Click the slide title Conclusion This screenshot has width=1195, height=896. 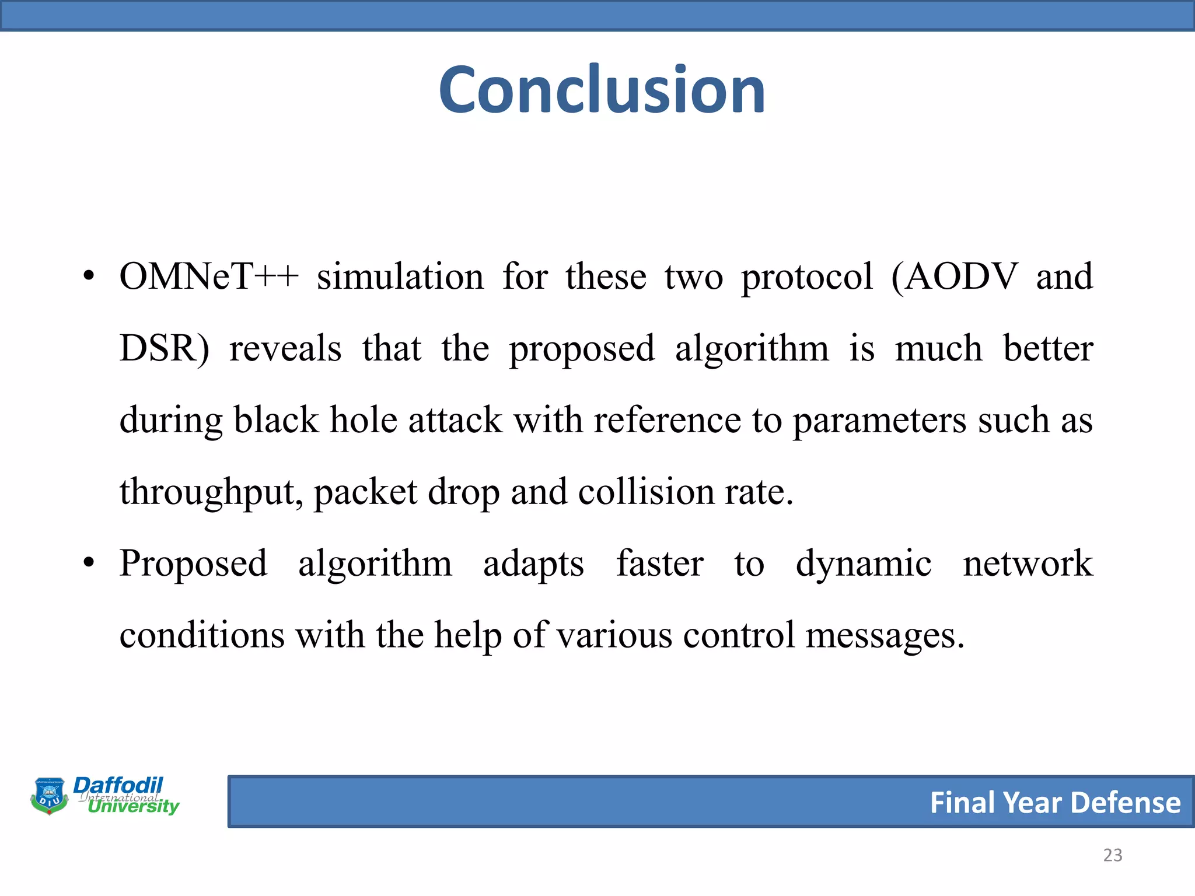(x=602, y=90)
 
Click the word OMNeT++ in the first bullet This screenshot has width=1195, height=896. (x=208, y=276)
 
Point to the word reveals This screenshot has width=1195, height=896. (x=285, y=349)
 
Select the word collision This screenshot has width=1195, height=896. (x=646, y=492)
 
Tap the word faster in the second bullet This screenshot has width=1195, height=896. (x=660, y=564)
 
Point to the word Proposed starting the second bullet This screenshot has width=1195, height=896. (x=193, y=564)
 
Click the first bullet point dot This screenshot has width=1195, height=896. (x=88, y=277)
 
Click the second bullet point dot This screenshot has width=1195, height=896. (x=88, y=564)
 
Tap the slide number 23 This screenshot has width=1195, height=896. (x=1112, y=855)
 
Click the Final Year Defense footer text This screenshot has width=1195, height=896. (x=1055, y=803)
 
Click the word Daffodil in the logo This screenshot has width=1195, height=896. (x=118, y=785)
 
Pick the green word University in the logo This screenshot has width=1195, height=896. (x=134, y=807)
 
